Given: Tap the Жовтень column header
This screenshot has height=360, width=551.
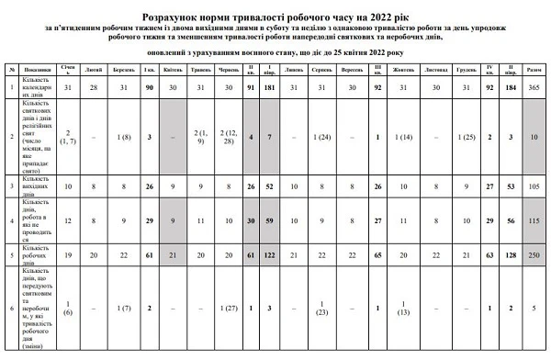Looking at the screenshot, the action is pos(406,69).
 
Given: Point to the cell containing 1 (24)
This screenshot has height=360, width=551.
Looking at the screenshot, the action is pos(320,137).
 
